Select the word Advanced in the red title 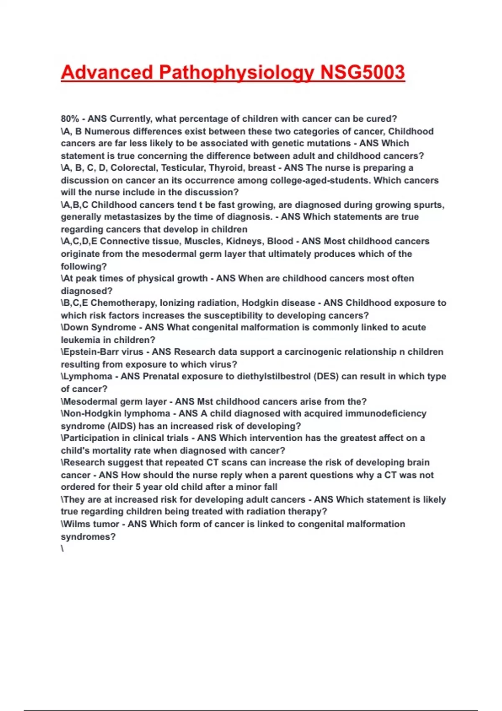[x=107, y=72]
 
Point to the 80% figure [x=70, y=119]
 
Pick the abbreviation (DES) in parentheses [x=326, y=376]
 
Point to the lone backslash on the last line [x=62, y=549]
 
